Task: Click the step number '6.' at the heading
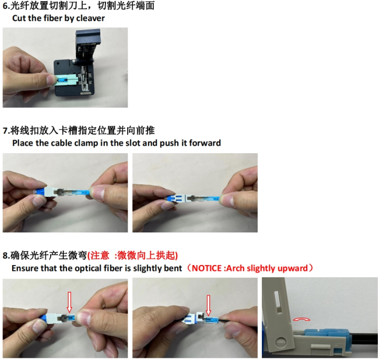(x=6, y=6)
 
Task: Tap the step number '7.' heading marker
(x=6, y=131)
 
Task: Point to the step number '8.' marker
(x=6, y=256)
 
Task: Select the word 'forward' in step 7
(x=205, y=143)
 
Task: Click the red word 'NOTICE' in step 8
(x=206, y=268)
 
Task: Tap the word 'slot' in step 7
(x=132, y=143)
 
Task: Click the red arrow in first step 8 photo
(x=69, y=302)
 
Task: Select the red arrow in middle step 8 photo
(x=208, y=305)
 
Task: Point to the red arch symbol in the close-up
(x=301, y=320)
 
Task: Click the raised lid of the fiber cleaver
(x=87, y=45)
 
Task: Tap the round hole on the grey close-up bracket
(x=280, y=342)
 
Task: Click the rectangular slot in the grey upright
(x=278, y=301)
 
